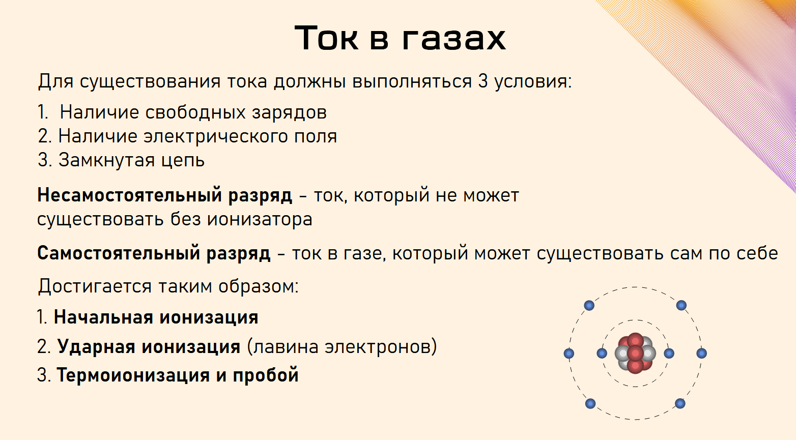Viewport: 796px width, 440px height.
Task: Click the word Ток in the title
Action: pyautogui.click(x=326, y=38)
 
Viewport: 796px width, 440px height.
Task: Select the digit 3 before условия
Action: pyautogui.click(x=483, y=81)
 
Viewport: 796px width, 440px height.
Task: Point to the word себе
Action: pyautogui.click(x=755, y=253)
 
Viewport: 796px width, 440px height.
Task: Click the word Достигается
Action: pyautogui.click(x=95, y=286)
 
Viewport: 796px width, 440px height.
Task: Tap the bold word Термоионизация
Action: pyautogui.click(x=133, y=375)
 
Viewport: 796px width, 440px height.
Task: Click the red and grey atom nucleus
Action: pyautogui.click(x=635, y=353)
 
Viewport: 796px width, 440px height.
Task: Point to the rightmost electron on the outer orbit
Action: pyautogui.click(x=701, y=353)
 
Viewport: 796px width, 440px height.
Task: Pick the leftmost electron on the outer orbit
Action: pyautogui.click(x=569, y=353)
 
